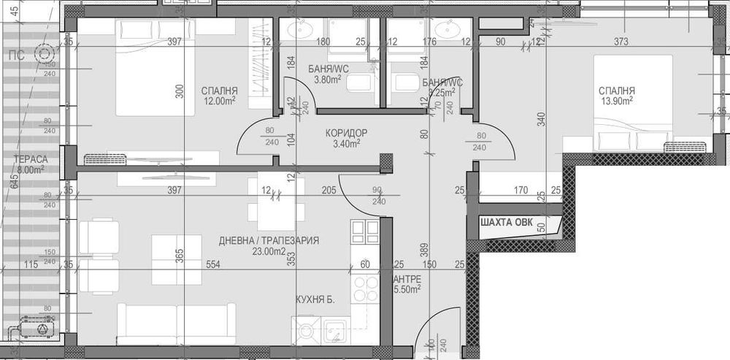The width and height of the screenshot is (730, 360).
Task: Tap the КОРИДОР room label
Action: tap(346, 133)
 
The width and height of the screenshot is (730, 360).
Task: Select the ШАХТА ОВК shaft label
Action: tap(512, 223)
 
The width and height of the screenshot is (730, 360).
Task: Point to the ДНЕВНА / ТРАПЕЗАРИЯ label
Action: tap(269, 241)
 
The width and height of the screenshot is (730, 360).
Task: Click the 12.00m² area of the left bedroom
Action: tap(218, 102)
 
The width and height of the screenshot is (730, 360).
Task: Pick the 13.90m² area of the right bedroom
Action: tap(616, 102)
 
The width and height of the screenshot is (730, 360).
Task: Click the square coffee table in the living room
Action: tap(176, 258)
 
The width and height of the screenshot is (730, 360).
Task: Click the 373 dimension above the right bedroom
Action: tap(621, 42)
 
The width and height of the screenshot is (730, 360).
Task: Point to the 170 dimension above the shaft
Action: tap(520, 191)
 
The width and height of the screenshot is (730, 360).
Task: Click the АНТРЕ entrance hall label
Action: tap(406, 279)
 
